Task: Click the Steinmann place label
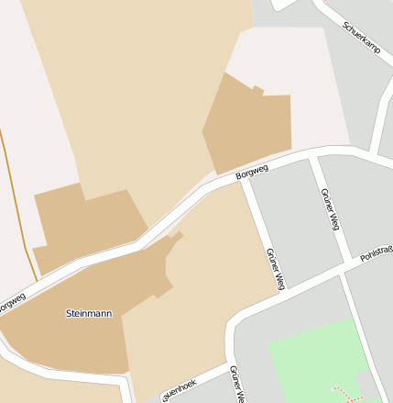tap(89, 313)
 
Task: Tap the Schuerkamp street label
tap(361, 38)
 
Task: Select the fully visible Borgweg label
tap(251, 171)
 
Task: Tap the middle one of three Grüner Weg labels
tap(275, 268)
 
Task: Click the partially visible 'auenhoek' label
tap(179, 390)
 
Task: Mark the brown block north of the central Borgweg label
tap(247, 124)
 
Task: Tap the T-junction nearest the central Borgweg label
tap(243, 178)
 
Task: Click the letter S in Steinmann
tap(69, 313)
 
